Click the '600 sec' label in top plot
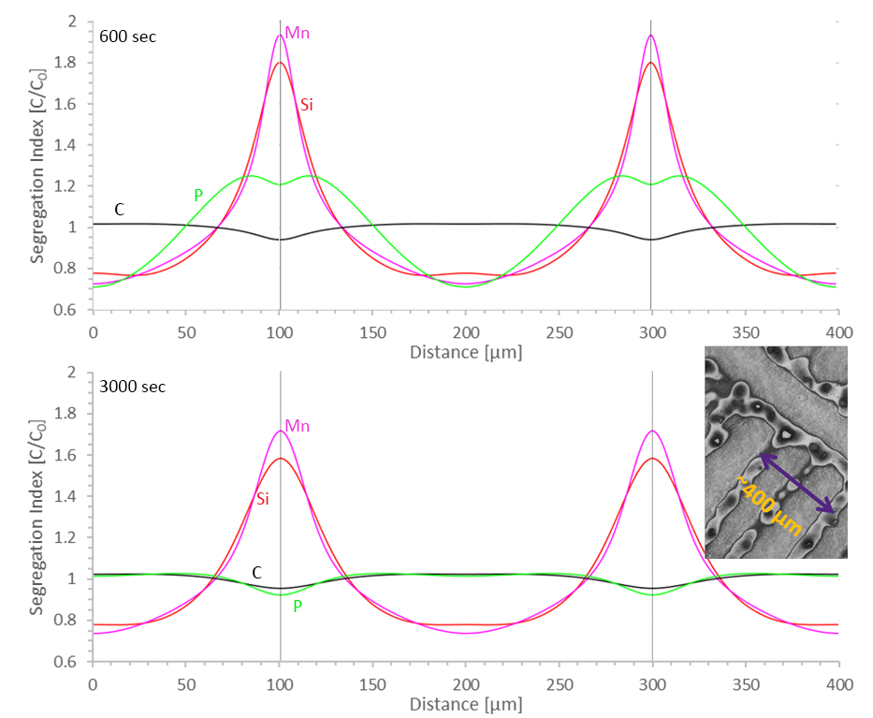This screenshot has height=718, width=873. (x=128, y=37)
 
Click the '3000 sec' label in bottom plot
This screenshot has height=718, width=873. (x=133, y=386)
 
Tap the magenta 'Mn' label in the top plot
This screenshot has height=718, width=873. (x=298, y=34)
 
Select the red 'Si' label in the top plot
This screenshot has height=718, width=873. (x=306, y=104)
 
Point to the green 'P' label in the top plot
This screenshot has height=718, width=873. (x=197, y=195)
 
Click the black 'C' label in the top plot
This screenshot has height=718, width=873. (x=119, y=210)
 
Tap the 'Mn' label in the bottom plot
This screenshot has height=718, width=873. (x=298, y=426)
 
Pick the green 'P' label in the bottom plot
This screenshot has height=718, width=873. (x=298, y=605)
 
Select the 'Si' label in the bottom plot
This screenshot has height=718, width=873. (x=263, y=499)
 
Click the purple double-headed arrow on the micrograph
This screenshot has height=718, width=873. (x=794, y=483)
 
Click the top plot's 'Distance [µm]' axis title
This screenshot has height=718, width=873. (x=465, y=353)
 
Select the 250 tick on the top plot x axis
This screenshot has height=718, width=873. (x=559, y=332)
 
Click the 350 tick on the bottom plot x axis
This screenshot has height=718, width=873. (x=746, y=683)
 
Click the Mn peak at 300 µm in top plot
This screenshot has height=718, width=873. (x=650, y=36)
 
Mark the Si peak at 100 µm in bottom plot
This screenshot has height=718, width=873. (x=281, y=459)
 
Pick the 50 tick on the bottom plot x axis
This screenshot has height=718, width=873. (x=185, y=683)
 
